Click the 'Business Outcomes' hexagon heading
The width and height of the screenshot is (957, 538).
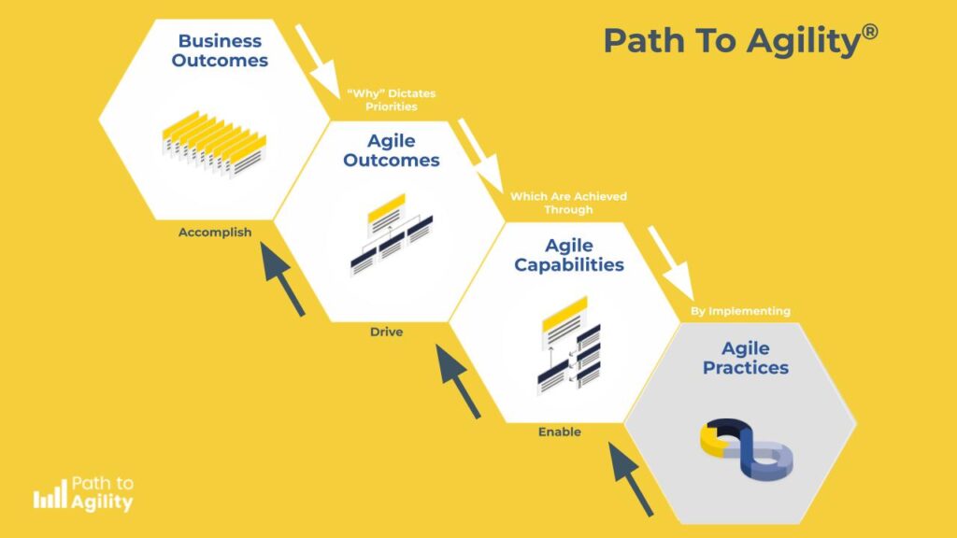220,50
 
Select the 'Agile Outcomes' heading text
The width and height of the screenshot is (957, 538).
392,150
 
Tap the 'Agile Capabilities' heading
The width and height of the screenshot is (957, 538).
569,255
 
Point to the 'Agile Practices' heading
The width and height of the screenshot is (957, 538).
745,358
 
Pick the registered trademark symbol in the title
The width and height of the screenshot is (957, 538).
870,31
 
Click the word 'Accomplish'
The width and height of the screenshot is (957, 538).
215,233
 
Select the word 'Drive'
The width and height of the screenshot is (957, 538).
386,332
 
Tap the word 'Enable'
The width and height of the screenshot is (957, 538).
560,432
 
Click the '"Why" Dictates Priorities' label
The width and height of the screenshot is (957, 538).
392,100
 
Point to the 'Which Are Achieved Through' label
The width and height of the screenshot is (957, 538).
568,203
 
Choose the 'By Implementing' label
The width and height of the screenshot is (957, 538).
740,311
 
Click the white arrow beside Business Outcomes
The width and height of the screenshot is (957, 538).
318,61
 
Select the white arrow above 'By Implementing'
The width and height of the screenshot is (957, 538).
671,263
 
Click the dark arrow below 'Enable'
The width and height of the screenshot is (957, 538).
631,479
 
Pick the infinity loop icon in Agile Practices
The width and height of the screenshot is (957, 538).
747,449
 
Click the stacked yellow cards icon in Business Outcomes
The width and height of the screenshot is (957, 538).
214,144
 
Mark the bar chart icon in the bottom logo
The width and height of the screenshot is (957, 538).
50,494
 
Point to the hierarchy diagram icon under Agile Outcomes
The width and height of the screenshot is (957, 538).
392,234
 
